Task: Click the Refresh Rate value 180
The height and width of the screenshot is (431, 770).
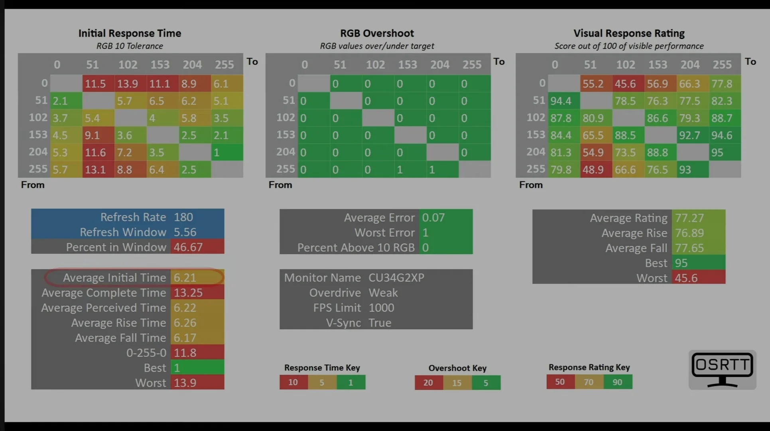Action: (x=183, y=217)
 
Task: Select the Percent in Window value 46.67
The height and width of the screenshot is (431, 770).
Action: (x=188, y=247)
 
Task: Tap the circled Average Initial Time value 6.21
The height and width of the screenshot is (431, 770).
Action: (x=185, y=278)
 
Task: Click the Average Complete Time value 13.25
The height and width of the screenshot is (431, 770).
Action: (x=188, y=293)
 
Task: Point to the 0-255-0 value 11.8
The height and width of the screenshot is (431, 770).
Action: (x=185, y=353)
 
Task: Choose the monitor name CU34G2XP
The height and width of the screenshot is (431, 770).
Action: (x=396, y=278)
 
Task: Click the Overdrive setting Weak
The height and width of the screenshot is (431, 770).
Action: (x=383, y=293)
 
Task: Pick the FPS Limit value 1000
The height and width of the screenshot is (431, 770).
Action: (x=381, y=308)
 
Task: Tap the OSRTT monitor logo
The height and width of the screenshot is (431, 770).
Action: (x=722, y=369)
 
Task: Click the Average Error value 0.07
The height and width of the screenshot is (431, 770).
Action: (x=433, y=217)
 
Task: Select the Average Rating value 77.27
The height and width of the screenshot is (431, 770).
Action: (x=689, y=218)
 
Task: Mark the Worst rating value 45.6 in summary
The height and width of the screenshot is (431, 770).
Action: (x=686, y=278)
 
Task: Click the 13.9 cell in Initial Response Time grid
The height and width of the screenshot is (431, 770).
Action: (x=128, y=84)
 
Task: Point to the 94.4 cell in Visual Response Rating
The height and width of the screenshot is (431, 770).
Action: (x=561, y=101)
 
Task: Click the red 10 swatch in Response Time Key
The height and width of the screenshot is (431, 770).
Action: (x=293, y=382)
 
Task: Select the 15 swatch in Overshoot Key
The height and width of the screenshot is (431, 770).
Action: (x=457, y=383)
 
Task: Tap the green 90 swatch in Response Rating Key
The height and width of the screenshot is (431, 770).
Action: (x=617, y=382)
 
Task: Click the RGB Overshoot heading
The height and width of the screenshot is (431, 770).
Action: (x=377, y=33)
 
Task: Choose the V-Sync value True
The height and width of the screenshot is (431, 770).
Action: (x=380, y=323)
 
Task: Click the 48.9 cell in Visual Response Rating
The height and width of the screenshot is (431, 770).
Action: (x=593, y=170)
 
